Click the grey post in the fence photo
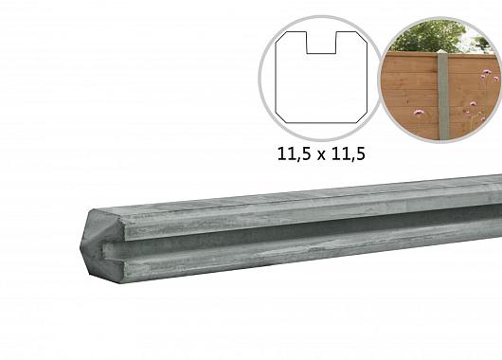point(441,95)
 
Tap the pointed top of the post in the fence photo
point(441,53)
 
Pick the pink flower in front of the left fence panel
point(418,113)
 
